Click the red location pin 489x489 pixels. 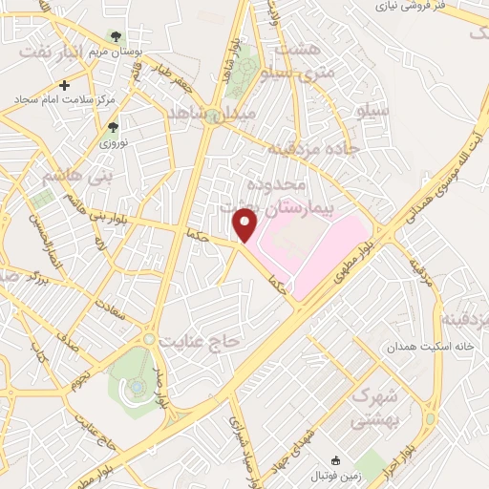[245, 225]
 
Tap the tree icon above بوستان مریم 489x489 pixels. [116, 36]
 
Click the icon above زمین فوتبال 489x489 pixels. [332, 460]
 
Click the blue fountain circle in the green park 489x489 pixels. [137, 386]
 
